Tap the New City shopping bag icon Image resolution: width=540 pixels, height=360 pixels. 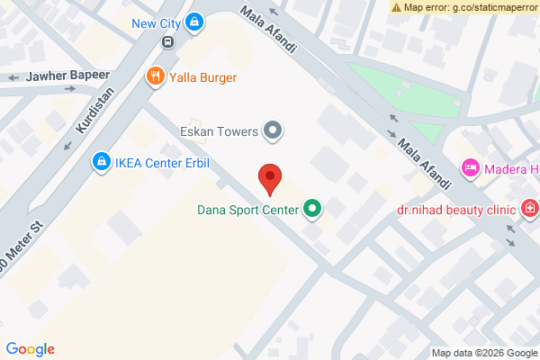coord(194,22)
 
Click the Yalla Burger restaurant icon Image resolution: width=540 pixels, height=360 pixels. coord(155,76)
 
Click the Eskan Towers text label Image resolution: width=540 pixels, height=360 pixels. coord(220,132)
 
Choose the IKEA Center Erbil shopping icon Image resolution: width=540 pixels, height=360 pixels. coord(102,163)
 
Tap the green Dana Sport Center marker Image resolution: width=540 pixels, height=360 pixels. coord(312,211)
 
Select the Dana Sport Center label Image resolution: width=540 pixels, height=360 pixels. coord(247,211)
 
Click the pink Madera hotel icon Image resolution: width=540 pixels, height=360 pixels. coord(469,167)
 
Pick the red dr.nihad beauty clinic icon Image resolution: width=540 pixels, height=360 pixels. coord(530,211)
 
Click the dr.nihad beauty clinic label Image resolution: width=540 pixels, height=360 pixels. coord(456,211)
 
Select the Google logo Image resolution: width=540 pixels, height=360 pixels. coord(31,349)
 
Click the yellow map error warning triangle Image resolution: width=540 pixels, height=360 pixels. coord(396,6)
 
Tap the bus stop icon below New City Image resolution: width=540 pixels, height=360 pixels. coord(167,42)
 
